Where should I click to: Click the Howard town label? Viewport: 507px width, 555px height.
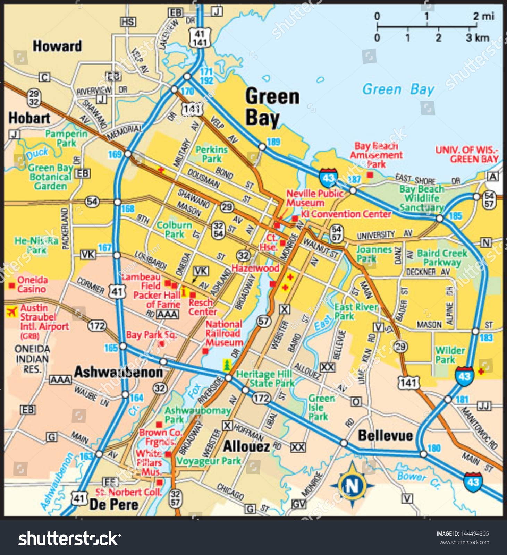pos(57,46)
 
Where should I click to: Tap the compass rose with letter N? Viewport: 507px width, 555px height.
pos(352,485)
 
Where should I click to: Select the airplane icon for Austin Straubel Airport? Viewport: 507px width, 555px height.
pos(12,311)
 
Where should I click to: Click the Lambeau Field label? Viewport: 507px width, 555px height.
pos(146,281)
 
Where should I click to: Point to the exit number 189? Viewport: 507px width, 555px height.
pos(273,142)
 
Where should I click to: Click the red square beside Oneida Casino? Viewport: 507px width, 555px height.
pos(12,285)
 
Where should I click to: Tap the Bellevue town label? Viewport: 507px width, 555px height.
pos(385,436)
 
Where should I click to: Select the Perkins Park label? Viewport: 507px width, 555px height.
pos(211,154)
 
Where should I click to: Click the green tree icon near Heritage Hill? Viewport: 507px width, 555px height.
pos(227,365)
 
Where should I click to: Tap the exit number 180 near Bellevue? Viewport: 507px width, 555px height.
pos(434,448)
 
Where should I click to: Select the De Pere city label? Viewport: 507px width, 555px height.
pos(114,505)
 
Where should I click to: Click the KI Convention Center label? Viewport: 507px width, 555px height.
pos(346,214)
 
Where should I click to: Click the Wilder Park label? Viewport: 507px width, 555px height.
pos(450,355)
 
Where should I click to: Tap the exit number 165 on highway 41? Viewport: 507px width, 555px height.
pos(111,348)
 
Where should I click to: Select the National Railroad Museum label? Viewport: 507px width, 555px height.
pos(224,333)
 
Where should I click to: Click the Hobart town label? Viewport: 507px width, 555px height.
pos(29,118)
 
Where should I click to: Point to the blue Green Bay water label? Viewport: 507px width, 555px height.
pos(398,89)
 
